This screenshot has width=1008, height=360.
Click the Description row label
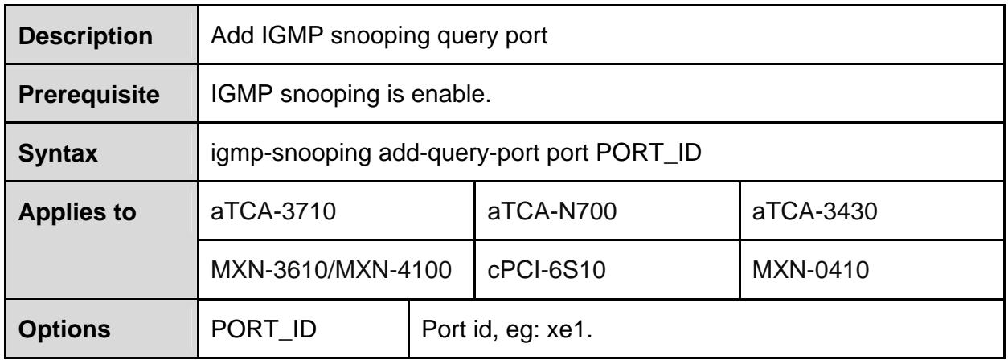click(x=85, y=35)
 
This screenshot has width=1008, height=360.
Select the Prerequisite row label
click(x=89, y=95)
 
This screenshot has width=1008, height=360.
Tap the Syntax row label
click(x=58, y=153)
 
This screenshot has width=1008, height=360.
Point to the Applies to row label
click(x=77, y=211)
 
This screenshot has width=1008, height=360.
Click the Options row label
click(x=64, y=329)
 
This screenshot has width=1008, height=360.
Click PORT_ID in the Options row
click(x=264, y=329)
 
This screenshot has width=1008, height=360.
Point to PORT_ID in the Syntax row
click(x=649, y=153)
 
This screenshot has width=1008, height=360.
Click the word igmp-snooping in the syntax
click(x=291, y=153)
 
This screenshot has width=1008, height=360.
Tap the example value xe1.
click(x=569, y=329)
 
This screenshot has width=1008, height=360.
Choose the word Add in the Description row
click(x=232, y=35)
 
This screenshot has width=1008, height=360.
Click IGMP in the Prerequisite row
click(x=242, y=94)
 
